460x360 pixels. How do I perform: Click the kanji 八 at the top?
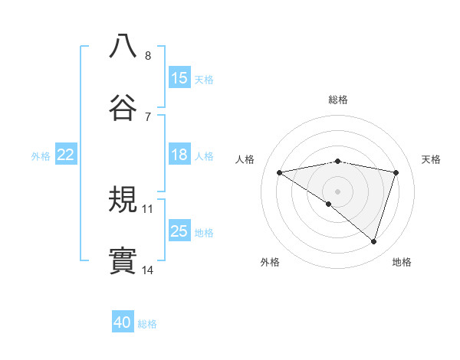[x=123, y=46]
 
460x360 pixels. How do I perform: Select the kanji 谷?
[x=123, y=106]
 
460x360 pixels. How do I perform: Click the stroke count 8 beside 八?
[x=148, y=56]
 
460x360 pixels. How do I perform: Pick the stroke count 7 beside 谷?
[x=148, y=116]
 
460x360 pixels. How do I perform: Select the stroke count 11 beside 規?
[x=148, y=208]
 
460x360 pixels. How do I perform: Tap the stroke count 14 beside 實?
[x=148, y=270]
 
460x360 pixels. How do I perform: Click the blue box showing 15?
[x=179, y=78]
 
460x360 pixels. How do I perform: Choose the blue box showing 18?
[x=179, y=155]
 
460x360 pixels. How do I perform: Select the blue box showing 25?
[x=179, y=231]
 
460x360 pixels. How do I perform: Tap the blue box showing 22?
[x=66, y=155]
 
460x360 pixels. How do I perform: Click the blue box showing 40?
[x=123, y=322]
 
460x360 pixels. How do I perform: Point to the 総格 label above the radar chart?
[x=337, y=100]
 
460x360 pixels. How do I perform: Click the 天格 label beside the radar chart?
[x=431, y=159]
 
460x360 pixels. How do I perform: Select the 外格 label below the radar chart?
[x=270, y=262]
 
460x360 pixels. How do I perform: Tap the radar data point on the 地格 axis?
[x=374, y=241]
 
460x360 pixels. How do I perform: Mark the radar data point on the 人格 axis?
[x=280, y=172]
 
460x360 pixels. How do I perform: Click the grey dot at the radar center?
[x=337, y=190]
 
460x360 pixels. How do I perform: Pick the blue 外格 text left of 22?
[x=41, y=155]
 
